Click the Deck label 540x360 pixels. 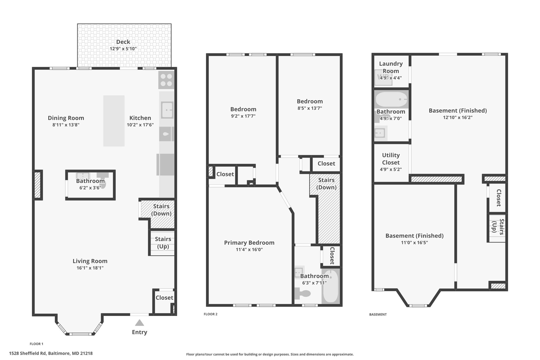[x=123, y=42]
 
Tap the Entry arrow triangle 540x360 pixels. [x=139, y=323]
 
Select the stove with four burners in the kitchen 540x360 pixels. [x=166, y=80]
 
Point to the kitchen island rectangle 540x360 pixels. [x=114, y=121]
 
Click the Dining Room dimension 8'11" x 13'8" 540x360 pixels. [x=66, y=125]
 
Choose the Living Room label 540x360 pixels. [x=90, y=261]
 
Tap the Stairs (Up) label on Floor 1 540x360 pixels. [x=163, y=243]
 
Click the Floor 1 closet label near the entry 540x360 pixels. [x=164, y=298]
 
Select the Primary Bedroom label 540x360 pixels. [x=249, y=243]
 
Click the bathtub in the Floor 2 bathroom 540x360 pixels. [x=330, y=286]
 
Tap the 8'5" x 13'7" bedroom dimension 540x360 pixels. [x=310, y=108]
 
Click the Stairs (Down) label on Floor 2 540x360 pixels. [x=326, y=184]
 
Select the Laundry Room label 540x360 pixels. [x=391, y=67]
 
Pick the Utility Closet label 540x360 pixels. [x=391, y=159]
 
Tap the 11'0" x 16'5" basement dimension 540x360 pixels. [x=414, y=243]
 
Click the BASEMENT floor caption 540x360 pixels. [x=378, y=314]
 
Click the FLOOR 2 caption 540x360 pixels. [x=211, y=314]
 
